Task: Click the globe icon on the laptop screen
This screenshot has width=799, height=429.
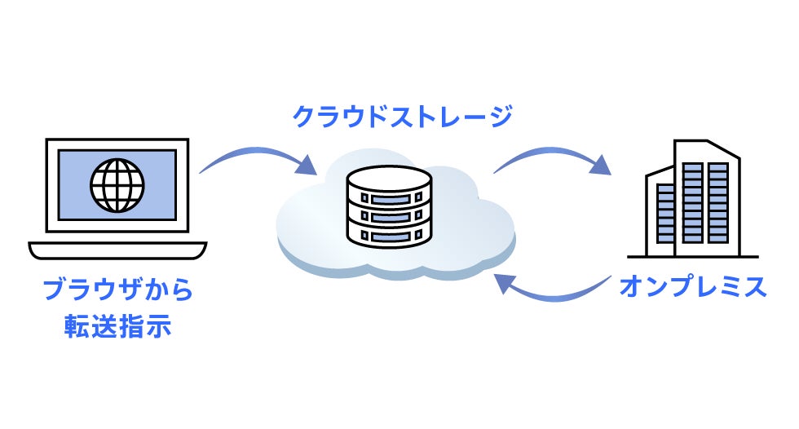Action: tap(117, 185)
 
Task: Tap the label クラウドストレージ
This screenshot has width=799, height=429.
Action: tap(402, 117)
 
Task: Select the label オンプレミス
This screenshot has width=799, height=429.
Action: tap(693, 286)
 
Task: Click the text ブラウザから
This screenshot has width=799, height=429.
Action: tap(118, 290)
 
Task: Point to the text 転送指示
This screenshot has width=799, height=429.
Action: tap(117, 326)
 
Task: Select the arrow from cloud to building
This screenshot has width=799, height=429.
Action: tap(550, 152)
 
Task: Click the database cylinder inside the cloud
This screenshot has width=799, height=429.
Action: tap(390, 206)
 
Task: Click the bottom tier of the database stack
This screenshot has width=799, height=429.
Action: tap(390, 236)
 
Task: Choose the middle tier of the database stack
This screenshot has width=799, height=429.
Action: tap(390, 216)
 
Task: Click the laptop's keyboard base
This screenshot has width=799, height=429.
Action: tap(117, 250)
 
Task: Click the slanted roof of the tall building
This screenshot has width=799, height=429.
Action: tap(723, 148)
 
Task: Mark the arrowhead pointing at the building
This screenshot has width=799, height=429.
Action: tap(602, 165)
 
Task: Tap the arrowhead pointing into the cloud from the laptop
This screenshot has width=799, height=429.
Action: tap(307, 165)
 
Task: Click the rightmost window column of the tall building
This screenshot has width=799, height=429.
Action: tap(718, 203)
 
